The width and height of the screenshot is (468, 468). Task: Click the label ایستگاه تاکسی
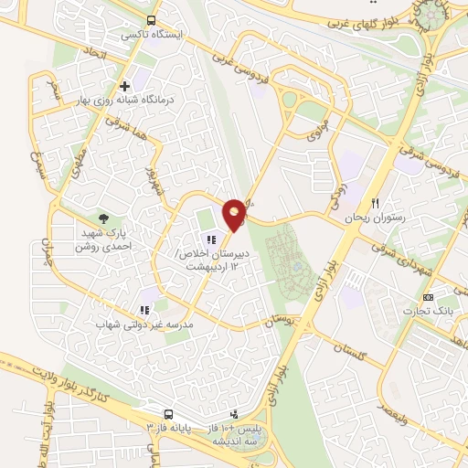154,35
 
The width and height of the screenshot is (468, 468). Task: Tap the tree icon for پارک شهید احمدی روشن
104,218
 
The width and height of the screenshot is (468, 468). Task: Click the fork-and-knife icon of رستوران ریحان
373,202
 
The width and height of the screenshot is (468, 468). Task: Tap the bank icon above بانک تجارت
428,298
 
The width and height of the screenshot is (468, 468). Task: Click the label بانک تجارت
431,313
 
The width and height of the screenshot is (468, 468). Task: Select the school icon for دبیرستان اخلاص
211,241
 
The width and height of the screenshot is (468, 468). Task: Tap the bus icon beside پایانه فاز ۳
168,413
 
